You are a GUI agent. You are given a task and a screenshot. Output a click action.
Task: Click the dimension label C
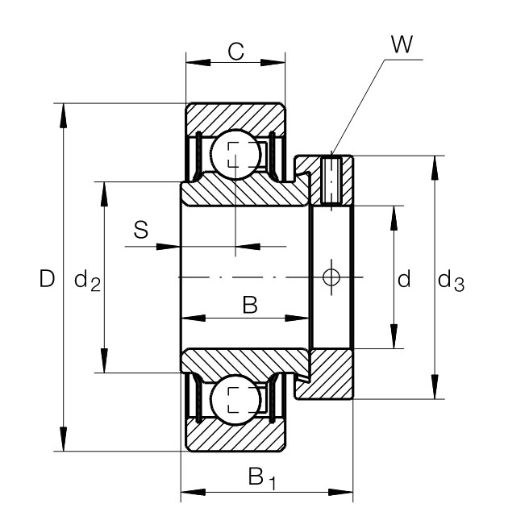235,52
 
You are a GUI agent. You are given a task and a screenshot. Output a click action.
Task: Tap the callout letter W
401,45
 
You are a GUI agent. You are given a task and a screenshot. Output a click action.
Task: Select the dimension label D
47,279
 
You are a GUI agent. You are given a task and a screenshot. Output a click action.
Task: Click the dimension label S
140,231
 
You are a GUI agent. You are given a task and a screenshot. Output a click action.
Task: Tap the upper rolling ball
235,152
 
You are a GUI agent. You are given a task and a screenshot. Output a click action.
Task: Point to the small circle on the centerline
331,277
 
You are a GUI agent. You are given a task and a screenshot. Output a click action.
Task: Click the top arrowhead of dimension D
65,110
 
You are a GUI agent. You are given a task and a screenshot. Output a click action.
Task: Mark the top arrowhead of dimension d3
435,164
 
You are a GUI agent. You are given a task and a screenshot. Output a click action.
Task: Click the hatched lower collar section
331,374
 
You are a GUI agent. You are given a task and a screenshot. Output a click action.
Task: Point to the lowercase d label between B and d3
405,280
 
